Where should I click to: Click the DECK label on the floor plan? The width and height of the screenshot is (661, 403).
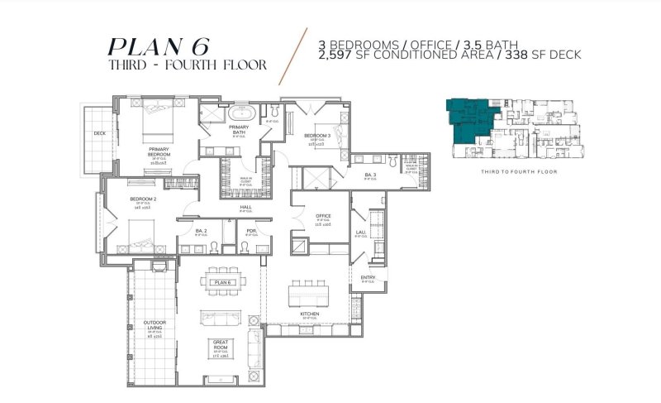pyautogui.click(x=99, y=132)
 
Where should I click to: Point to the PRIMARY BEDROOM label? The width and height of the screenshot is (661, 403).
pyautogui.click(x=159, y=152)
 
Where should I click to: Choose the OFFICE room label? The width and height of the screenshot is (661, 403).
pyautogui.click(x=323, y=216)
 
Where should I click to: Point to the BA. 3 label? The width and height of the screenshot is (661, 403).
pyautogui.click(x=370, y=175)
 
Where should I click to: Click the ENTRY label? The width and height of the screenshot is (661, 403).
pyautogui.click(x=369, y=277)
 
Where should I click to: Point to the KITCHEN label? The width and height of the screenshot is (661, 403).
pyautogui.click(x=310, y=314)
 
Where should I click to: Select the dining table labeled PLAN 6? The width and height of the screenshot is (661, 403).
pyautogui.click(x=221, y=282)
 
